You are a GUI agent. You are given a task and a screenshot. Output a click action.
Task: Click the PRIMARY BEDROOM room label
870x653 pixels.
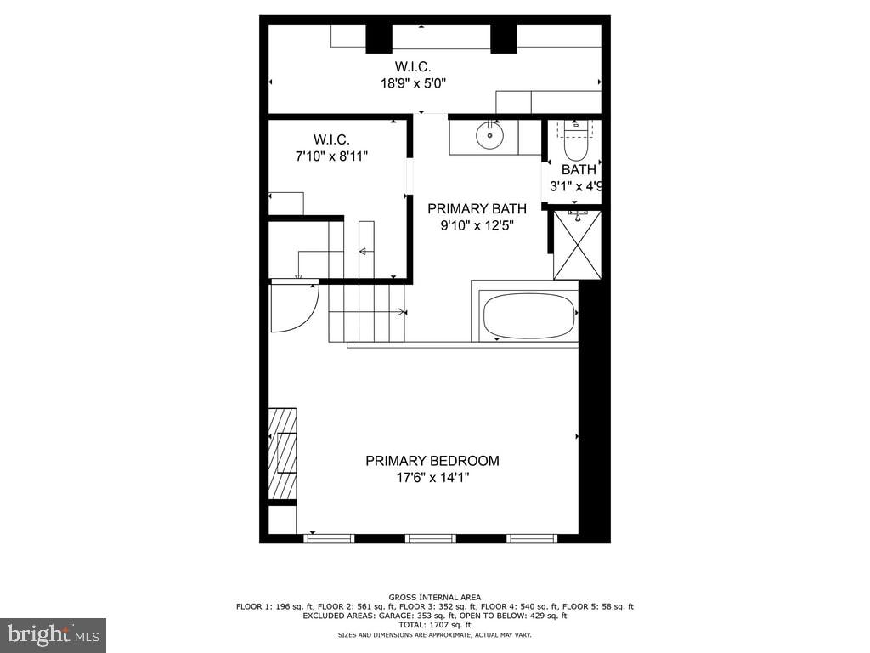coord(432,461)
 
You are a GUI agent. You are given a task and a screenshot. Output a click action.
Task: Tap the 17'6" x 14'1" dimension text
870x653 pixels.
coord(432,478)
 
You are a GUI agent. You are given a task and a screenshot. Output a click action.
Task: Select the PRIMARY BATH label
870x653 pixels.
coord(477,208)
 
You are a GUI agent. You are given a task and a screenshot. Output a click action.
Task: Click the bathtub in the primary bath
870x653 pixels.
coord(528,316)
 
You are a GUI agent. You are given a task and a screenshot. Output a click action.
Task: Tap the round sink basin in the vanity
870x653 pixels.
coord(489,135)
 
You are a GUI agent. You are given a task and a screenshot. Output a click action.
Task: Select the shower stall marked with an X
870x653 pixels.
coord(577,245)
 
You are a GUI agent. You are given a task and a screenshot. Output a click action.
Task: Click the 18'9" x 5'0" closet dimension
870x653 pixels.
coord(413,83)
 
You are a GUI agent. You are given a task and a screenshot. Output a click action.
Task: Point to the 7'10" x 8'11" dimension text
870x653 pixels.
coord(331,156)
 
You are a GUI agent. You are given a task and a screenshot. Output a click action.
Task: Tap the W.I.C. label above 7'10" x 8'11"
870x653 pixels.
coord(331,139)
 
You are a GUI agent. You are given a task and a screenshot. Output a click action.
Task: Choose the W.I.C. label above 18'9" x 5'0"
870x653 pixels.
coord(413,66)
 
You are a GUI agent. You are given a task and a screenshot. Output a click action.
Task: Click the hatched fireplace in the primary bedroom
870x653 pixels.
coord(282,453)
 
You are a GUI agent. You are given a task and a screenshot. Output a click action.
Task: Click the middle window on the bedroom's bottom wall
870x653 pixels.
coord(431,538)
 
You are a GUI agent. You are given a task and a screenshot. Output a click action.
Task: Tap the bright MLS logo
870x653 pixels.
coord(53,634)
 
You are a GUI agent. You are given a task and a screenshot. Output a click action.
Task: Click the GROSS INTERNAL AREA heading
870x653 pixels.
coord(435,597)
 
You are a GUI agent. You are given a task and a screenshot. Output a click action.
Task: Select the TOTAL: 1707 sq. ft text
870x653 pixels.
coord(435,625)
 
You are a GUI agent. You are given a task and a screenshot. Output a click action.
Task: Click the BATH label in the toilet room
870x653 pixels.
coord(579,170)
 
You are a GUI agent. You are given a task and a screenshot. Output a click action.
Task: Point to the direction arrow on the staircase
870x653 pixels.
coord(364,251)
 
